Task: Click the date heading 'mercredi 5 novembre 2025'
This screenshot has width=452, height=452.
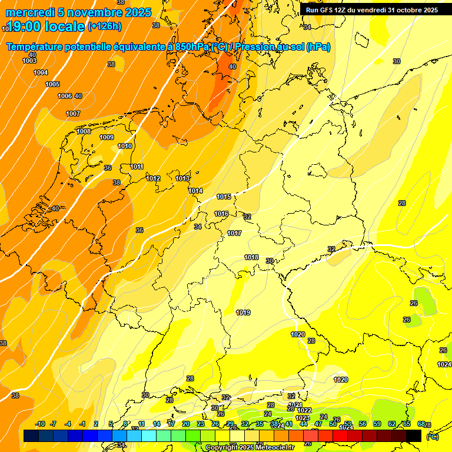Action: [x=78, y=12]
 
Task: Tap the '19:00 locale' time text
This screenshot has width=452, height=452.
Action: [x=46, y=26]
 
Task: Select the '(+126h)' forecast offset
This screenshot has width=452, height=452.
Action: [x=105, y=26]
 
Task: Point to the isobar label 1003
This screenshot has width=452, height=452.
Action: [x=29, y=61]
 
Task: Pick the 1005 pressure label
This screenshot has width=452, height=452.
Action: [x=52, y=84]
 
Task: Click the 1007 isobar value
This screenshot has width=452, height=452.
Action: [x=73, y=114]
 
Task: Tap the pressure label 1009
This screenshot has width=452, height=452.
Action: [x=107, y=137]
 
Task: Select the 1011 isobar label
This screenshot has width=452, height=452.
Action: [x=137, y=167]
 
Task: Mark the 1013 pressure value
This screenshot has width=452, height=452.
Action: [x=182, y=178]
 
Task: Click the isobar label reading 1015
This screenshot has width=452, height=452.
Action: [x=224, y=197]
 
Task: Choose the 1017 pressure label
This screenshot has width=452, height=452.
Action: [x=234, y=233]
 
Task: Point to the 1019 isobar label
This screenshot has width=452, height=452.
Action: [x=243, y=313]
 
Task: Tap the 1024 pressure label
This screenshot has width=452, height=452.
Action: [x=444, y=365]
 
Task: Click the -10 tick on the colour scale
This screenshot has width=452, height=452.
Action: [x=40, y=424]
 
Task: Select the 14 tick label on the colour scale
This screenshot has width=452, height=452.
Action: [x=157, y=424]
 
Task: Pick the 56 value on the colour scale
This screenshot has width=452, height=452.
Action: [x=362, y=424]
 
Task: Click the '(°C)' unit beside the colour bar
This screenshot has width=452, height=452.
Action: [x=432, y=436]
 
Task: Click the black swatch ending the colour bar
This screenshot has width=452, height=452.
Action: [x=414, y=436]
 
